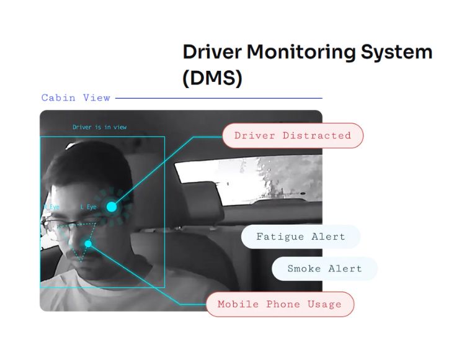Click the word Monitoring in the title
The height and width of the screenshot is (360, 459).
point(301,53)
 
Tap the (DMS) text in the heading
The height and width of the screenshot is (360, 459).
point(213,78)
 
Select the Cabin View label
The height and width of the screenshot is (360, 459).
point(76,97)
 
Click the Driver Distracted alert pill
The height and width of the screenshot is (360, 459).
point(293,136)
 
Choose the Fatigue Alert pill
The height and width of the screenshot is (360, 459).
point(301,236)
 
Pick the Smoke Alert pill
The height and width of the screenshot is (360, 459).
point(324,269)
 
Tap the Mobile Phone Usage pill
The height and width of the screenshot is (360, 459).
point(280,304)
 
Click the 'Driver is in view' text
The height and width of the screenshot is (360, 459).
point(99,127)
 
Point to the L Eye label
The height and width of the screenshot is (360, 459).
point(89,207)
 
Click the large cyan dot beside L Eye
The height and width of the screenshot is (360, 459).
point(112,207)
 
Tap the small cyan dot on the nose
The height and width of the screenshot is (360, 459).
point(88,244)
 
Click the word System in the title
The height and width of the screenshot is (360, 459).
point(396,53)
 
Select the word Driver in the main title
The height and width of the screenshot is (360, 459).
point(212,52)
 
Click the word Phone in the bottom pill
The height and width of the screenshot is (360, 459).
point(283,304)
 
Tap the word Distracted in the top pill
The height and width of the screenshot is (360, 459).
point(317,136)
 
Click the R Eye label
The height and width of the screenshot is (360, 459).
point(51,207)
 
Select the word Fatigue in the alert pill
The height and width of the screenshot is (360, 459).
point(280,236)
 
